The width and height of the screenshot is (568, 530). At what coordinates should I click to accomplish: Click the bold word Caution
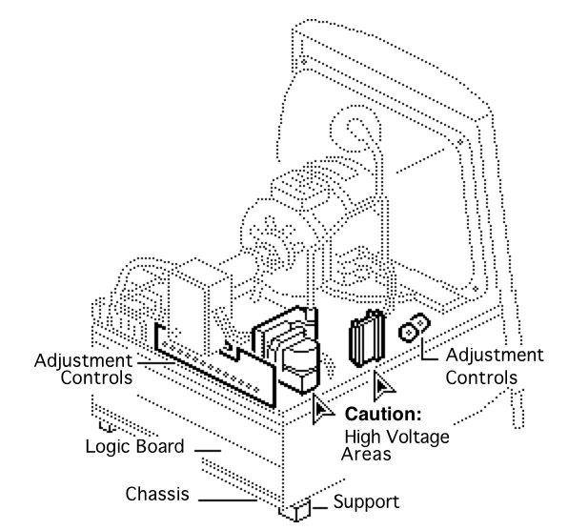[x=383, y=414]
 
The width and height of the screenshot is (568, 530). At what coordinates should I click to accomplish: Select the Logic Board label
[x=134, y=446]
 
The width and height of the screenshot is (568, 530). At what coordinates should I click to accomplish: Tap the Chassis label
[x=157, y=494]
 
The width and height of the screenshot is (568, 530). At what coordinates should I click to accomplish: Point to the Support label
[x=366, y=502]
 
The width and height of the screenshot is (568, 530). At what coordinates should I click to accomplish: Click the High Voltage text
[x=396, y=437]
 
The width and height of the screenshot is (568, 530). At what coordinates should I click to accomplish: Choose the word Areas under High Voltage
[x=366, y=454]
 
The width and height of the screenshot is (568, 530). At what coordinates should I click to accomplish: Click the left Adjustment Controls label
[x=84, y=369]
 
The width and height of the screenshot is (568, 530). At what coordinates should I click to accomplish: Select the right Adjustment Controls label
[x=495, y=366]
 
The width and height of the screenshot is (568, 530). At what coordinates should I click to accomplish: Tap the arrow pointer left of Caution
[x=320, y=409]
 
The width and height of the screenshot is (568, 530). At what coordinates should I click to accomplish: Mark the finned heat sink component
[x=367, y=337]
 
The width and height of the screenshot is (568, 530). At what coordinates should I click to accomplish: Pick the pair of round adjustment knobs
[x=415, y=328]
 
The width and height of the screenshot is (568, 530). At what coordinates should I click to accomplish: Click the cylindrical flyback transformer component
[x=300, y=366]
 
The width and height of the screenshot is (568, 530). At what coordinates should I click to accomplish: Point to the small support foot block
[x=295, y=510]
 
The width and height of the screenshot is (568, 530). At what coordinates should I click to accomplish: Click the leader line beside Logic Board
[x=208, y=451]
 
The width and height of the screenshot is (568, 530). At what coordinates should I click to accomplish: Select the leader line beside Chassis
[x=228, y=500]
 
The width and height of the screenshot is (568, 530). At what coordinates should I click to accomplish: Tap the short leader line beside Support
[x=320, y=507]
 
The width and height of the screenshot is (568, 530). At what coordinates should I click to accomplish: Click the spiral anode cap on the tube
[x=355, y=130]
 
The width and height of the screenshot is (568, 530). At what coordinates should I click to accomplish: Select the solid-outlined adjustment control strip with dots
[x=215, y=365]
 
